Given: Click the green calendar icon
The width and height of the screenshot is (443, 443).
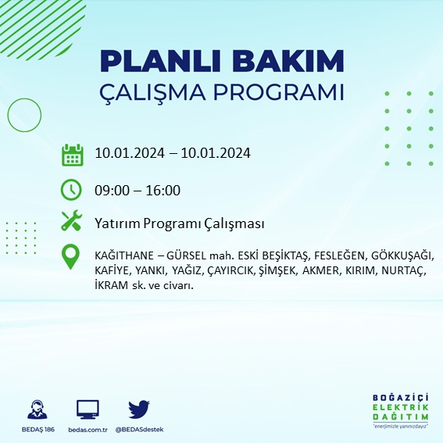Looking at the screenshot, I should click(72, 155).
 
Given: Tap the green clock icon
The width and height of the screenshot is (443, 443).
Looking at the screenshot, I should click(72, 189).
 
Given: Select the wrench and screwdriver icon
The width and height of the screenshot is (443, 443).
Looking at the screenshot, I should click(72, 222).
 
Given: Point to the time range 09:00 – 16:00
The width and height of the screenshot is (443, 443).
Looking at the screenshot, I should click(138, 190).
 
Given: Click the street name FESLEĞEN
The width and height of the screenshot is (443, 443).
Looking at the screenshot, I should click(340, 256).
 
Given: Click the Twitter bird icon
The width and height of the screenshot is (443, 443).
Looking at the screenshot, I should click(139, 409).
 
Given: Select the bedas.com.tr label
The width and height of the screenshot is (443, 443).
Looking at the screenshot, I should click(88, 429).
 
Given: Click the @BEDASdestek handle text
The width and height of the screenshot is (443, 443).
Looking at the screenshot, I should click(139, 429).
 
